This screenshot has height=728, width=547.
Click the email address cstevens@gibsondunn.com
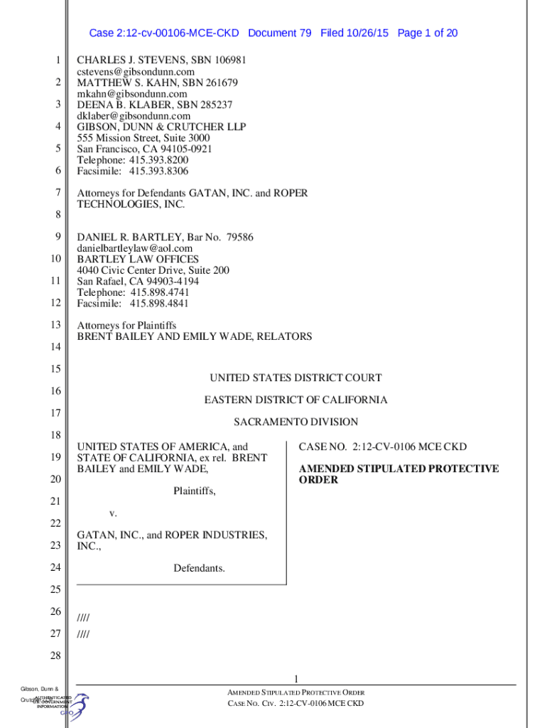click(x=136, y=72)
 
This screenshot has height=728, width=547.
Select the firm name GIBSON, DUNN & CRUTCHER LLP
click(x=161, y=127)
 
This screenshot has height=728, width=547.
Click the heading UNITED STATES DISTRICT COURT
click(x=295, y=378)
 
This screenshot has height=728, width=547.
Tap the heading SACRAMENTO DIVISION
click(x=296, y=422)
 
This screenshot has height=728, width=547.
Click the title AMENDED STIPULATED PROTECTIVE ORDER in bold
click(x=398, y=474)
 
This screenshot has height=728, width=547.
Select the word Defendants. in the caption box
click(x=199, y=568)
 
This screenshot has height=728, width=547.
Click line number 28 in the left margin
click(x=55, y=655)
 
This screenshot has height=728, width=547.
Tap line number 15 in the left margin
click(x=55, y=368)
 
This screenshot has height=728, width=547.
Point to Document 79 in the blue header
click(x=279, y=33)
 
